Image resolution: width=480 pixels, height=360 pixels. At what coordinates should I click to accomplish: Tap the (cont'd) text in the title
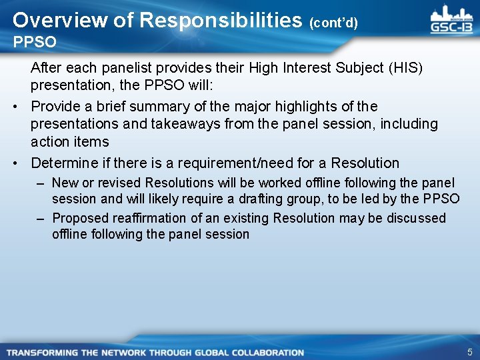click(x=333, y=23)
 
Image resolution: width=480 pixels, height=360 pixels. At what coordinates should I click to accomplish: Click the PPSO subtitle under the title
click(x=35, y=43)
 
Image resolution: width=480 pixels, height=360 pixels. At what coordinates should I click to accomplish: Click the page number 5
click(x=469, y=352)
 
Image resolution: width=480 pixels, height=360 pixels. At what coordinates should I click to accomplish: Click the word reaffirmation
click(x=148, y=218)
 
